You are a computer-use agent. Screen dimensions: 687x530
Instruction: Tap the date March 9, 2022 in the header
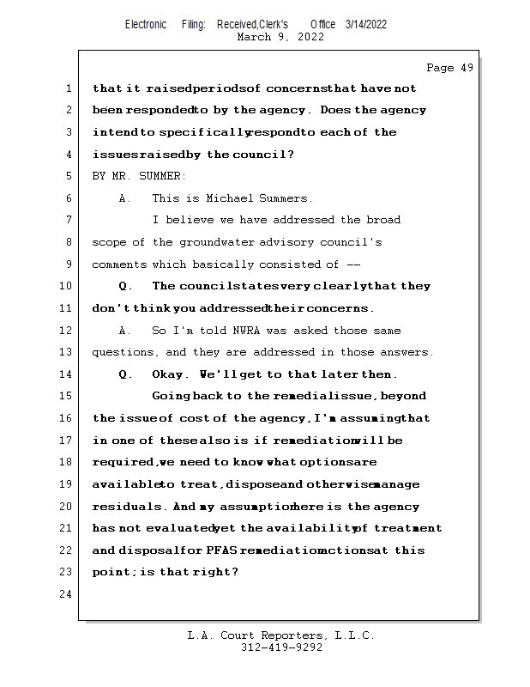pos(280,37)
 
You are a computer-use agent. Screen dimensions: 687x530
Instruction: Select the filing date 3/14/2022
pos(366,24)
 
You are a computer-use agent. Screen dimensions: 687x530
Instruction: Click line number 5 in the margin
pos(68,176)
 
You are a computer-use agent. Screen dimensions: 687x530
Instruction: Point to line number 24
pos(65,594)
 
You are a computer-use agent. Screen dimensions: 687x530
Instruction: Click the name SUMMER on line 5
pos(162,176)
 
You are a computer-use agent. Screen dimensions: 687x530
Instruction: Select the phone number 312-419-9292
pos(281,648)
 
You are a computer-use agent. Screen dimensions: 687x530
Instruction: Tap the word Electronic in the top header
pos(146,24)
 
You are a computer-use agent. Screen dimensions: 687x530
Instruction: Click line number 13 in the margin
pos(65,352)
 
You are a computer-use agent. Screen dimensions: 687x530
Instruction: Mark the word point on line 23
pos(111,573)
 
